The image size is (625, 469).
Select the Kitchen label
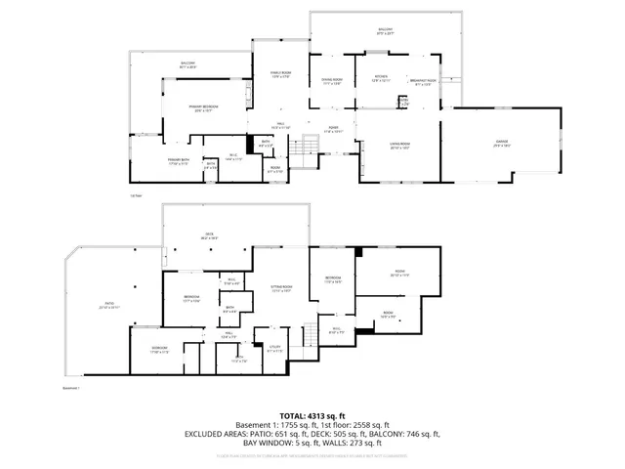[x=381, y=79]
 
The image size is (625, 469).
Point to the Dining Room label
[x=331, y=81]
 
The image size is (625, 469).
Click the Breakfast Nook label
[x=423, y=81]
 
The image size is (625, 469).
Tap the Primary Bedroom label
[x=204, y=107]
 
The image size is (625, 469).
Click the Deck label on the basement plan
[x=209, y=235]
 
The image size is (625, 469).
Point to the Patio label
[x=109, y=304]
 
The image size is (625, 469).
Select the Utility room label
[x=274, y=347]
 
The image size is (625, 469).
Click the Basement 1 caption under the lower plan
[x=69, y=389]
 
